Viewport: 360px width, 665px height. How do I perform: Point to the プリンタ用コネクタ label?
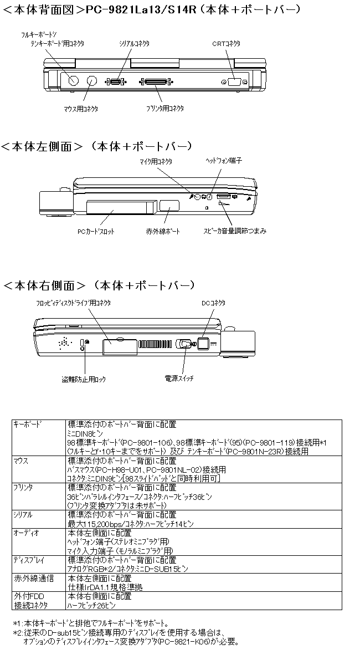pos(165,108)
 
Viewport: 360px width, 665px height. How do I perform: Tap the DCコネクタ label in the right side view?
pos(213,303)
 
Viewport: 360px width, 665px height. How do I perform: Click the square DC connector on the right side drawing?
pos(204,344)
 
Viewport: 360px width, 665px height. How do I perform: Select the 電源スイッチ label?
pos(179,378)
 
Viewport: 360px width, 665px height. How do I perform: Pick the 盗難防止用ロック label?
pos(84,380)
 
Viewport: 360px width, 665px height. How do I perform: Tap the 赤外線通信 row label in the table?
pos(34,578)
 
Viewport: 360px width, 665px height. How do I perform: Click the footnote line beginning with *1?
pos(91,622)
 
